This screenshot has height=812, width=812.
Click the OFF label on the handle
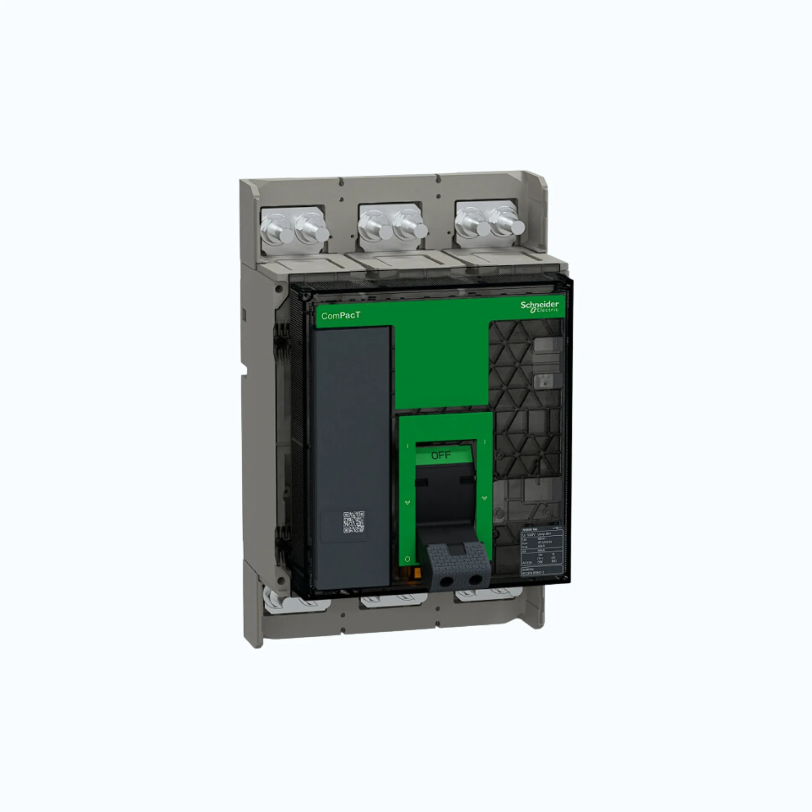tap(441, 456)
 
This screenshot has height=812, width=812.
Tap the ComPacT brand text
tap(341, 316)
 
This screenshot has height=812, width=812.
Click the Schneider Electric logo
tap(540, 306)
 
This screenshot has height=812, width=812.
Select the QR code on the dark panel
tap(353, 522)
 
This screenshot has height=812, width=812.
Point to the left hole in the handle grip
tap(446, 581)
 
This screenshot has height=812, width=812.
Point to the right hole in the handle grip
tap(475, 580)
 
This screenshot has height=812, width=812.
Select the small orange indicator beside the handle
tap(417, 573)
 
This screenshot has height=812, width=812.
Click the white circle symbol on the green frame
tap(407, 559)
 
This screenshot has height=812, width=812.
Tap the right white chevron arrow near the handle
tap(484, 498)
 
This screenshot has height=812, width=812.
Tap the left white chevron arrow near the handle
tap(407, 502)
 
